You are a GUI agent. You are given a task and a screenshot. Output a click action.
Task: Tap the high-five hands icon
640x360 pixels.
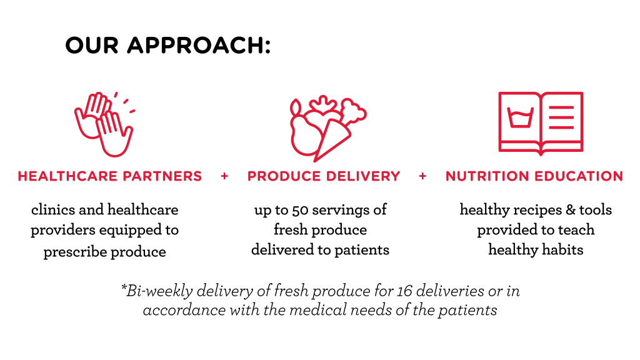point(104,124)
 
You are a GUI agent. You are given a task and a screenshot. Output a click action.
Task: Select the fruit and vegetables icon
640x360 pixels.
point(327,128)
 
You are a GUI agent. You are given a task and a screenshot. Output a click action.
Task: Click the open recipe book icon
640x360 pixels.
point(541,123)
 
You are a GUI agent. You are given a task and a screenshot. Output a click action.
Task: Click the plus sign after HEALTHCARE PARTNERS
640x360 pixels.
point(224,176)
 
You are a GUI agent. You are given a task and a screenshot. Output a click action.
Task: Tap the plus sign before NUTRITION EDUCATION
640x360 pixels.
point(422,176)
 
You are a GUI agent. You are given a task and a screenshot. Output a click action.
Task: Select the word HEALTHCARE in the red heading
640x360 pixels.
point(67,176)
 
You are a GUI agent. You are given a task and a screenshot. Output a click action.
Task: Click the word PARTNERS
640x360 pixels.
point(162,176)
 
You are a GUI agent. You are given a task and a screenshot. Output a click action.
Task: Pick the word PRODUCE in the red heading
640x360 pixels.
point(284,176)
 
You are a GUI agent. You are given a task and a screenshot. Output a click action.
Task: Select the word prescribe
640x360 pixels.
point(75,252)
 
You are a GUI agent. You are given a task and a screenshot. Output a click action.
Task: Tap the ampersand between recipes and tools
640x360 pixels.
point(570,210)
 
